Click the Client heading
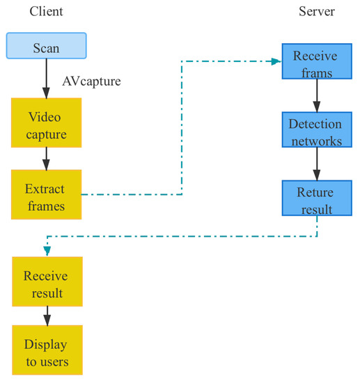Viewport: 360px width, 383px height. (46, 12)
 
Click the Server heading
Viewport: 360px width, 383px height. (317, 12)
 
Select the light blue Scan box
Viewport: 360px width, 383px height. (46, 45)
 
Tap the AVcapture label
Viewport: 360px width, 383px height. (91, 81)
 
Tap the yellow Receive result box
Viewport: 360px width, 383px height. (46, 283)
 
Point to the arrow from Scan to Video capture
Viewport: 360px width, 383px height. (46, 78)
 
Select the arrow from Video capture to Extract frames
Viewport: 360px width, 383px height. (46, 158)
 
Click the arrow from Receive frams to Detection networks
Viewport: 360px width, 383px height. (317, 96)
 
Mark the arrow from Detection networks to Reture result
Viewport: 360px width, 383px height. (317, 165)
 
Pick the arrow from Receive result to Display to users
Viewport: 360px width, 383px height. (46, 317)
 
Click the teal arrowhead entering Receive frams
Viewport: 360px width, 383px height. (276, 61)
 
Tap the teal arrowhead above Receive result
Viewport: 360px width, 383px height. (47, 251)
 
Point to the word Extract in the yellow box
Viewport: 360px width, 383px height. (45, 188)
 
